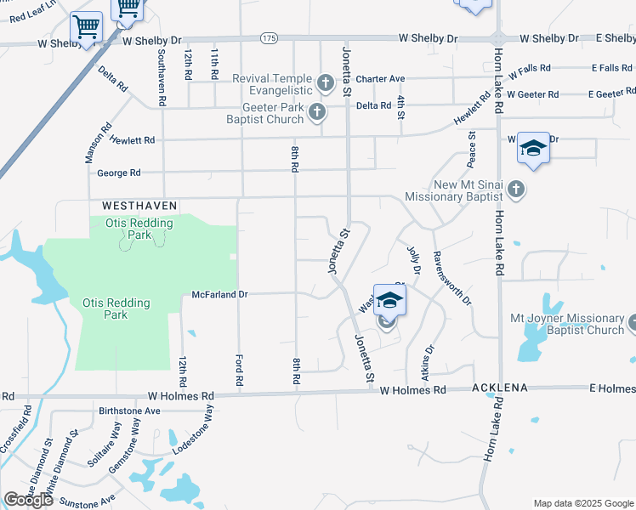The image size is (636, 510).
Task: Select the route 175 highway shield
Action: [270, 38]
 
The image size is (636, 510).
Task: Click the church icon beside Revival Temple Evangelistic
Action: [325, 83]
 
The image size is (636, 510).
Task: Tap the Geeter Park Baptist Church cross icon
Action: [317, 112]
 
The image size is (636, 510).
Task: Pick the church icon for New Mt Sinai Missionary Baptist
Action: [516, 189]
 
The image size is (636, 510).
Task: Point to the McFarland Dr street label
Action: [219, 294]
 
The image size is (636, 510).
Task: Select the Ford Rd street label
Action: [239, 371]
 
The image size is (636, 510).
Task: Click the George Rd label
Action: [118, 173]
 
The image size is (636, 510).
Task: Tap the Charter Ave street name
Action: [380, 79]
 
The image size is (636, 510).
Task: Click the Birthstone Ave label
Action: [129, 411]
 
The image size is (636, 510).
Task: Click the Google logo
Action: [29, 500]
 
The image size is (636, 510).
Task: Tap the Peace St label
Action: [471, 146]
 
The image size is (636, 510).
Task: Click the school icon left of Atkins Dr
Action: [389, 303]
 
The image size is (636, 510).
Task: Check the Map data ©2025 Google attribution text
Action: [582, 503]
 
